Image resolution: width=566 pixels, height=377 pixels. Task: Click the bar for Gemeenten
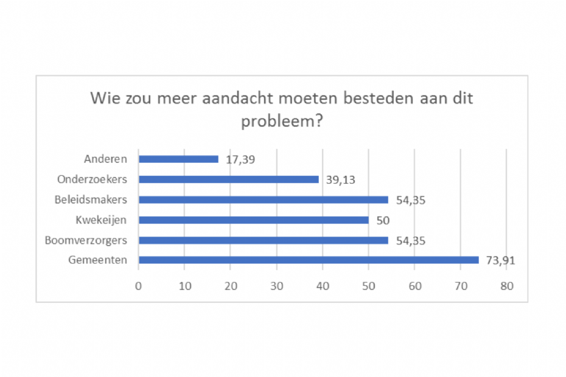pos(309,260)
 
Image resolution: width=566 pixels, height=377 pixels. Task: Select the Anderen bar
pos(178,159)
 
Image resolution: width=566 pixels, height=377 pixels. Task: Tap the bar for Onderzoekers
pos(228,179)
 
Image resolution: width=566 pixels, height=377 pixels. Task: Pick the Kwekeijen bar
pos(253,220)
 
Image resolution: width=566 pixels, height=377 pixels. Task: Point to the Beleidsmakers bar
pos(263,199)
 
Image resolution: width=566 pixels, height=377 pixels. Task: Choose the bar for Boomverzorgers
pos(263,240)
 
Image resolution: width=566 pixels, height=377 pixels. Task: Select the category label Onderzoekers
pos(91,179)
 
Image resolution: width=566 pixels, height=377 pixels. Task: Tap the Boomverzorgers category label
pos(86,240)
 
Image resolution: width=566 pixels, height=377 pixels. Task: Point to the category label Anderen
pos(105,159)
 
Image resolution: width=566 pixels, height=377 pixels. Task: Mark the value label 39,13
pos(340,180)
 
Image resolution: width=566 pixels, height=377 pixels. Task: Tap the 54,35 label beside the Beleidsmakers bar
pos(410,200)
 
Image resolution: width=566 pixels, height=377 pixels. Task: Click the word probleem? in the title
pos(282,120)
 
